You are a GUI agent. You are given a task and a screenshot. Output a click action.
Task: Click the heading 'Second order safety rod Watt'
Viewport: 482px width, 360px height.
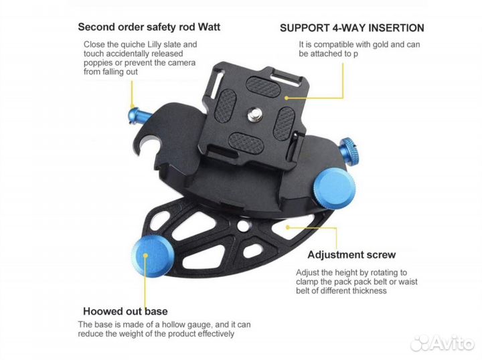[149, 27]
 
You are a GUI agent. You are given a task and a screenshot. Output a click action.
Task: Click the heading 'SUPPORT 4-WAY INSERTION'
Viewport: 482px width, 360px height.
[352, 28]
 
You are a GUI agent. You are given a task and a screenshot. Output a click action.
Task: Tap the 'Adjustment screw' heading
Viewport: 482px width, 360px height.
[351, 255]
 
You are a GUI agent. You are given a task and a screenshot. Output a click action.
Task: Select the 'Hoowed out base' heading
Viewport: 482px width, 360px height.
[125, 311]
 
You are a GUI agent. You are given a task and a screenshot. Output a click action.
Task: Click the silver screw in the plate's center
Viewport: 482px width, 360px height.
[255, 116]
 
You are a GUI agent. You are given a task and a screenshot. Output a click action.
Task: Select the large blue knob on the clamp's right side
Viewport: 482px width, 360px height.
[335, 187]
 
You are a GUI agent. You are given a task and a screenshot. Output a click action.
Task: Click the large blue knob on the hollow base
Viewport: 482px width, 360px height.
[153, 257]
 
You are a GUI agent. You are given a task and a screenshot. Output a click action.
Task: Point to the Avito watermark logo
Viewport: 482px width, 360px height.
[442, 343]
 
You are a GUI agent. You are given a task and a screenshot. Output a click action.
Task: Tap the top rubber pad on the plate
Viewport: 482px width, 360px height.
[263, 86]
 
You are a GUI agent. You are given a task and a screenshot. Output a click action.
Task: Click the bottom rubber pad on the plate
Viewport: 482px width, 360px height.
[246, 143]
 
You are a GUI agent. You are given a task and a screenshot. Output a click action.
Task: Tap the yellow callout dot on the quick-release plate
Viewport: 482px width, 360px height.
[287, 98]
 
